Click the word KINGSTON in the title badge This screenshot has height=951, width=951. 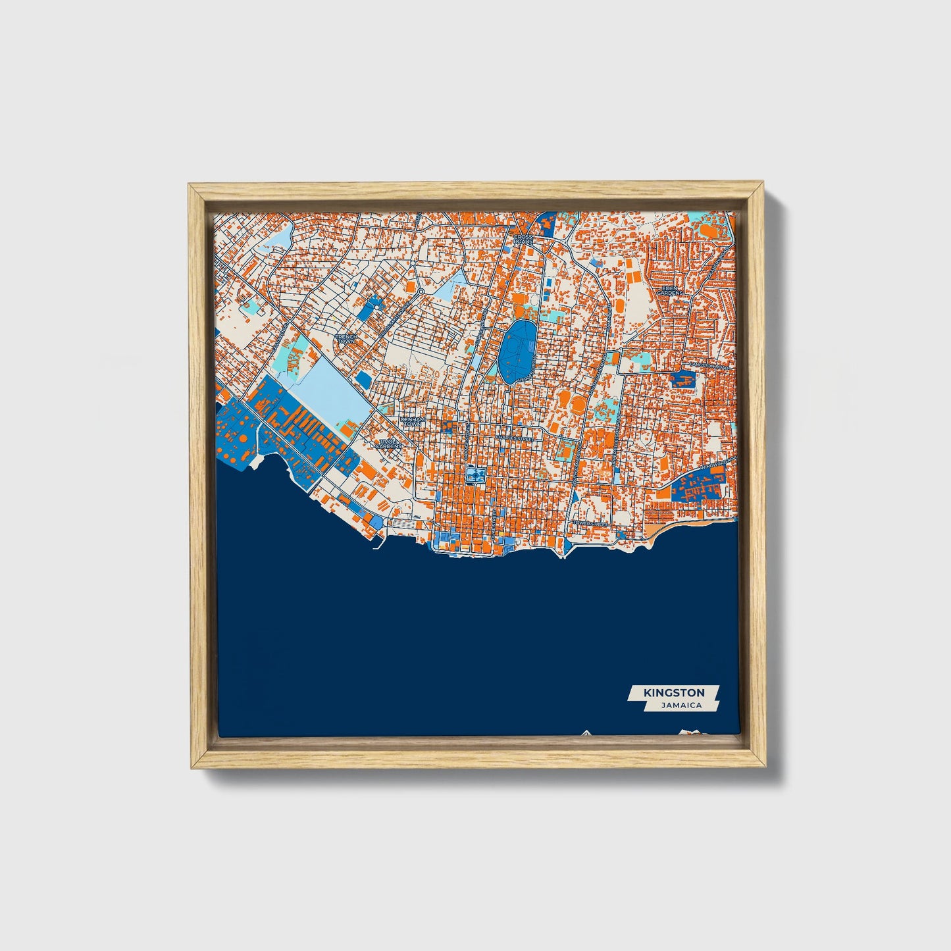[674, 692]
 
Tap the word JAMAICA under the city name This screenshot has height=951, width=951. [681, 705]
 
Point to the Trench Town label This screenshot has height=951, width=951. [346, 339]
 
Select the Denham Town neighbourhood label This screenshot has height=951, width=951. [413, 422]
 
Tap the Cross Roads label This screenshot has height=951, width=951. [524, 239]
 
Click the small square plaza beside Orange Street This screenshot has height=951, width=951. [473, 475]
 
